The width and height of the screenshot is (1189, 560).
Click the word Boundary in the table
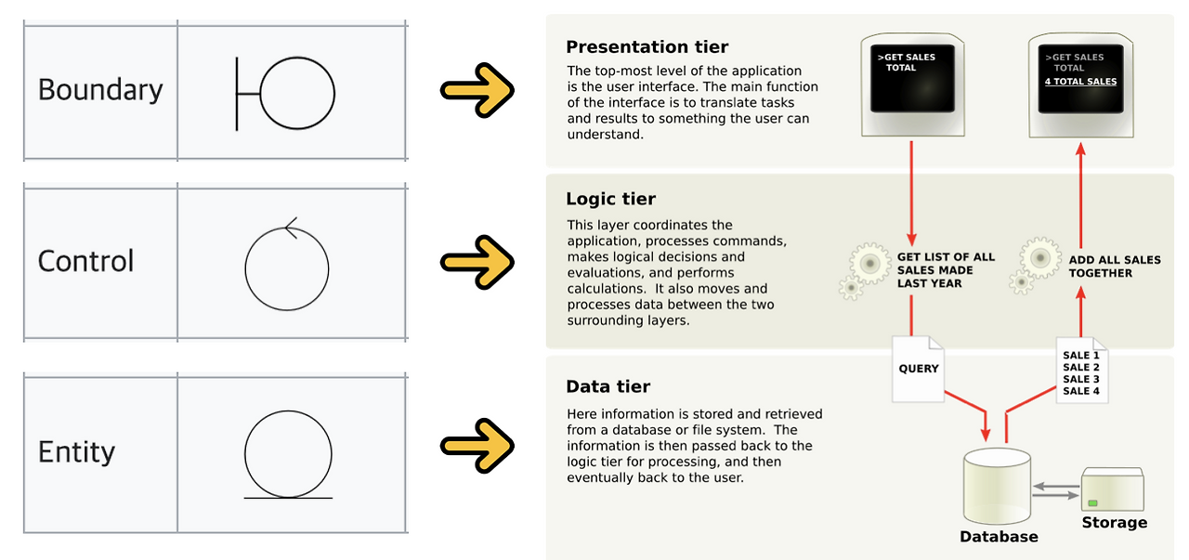[x=100, y=90]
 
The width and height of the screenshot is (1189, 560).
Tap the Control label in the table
[x=85, y=261]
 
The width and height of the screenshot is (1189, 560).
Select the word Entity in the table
[x=76, y=453]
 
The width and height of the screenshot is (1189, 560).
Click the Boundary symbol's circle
[x=260, y=94]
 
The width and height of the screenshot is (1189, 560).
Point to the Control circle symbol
[x=245, y=269]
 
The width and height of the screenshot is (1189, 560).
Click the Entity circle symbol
[x=244, y=454]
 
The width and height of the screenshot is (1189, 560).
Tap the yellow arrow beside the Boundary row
[x=477, y=90]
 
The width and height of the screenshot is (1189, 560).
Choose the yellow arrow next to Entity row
[x=477, y=446]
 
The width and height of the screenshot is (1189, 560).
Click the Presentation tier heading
[x=647, y=46]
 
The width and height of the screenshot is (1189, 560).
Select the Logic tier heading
[x=610, y=199]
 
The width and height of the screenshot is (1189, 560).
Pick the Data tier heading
[x=608, y=386]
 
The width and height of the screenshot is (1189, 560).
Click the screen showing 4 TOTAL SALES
[x=1080, y=85]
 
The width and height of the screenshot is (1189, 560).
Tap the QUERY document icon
[x=918, y=369]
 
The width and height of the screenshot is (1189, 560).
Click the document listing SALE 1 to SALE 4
[x=1082, y=371]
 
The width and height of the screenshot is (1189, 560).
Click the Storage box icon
[x=1113, y=489]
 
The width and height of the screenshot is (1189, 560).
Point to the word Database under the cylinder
[x=999, y=537]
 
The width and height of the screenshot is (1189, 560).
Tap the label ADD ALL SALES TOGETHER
[x=1114, y=267]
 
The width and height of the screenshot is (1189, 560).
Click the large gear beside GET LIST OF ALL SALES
[x=869, y=263]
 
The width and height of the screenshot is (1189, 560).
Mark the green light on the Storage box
[x=1092, y=502]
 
